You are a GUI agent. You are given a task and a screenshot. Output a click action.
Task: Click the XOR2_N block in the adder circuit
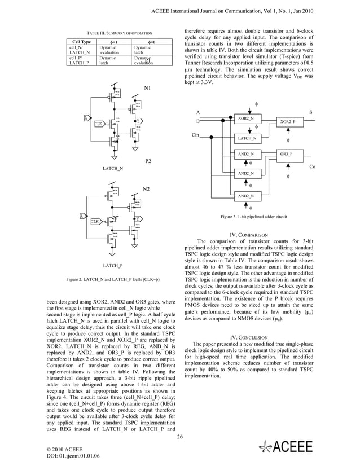click(x=245, y=118)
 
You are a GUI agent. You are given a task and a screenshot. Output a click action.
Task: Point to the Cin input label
click(x=196, y=135)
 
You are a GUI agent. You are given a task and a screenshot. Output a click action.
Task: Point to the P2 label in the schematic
click(x=148, y=161)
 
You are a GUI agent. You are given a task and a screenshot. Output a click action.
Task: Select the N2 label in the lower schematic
click(x=146, y=188)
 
